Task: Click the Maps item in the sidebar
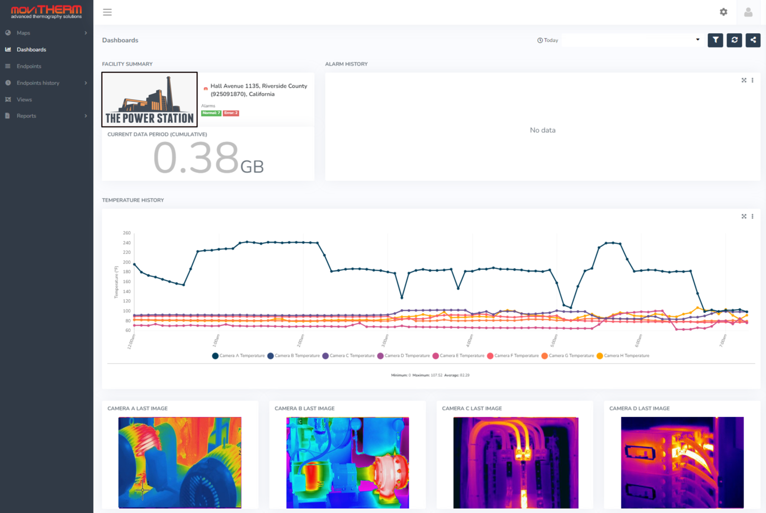[23, 33]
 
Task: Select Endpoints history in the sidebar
[38, 83]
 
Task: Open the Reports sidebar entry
[26, 116]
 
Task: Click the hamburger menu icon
[107, 12]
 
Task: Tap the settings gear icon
[723, 12]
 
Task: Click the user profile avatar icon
[748, 12]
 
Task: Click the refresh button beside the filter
[734, 40]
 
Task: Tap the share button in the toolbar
[753, 40]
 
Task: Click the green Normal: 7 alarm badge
[211, 113]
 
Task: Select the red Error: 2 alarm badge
[231, 113]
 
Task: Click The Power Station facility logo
[150, 100]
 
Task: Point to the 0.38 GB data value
[208, 158]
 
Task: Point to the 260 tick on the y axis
[127, 233]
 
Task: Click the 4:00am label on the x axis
[469, 341]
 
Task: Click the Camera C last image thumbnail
[516, 462]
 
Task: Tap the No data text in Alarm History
[543, 130]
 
